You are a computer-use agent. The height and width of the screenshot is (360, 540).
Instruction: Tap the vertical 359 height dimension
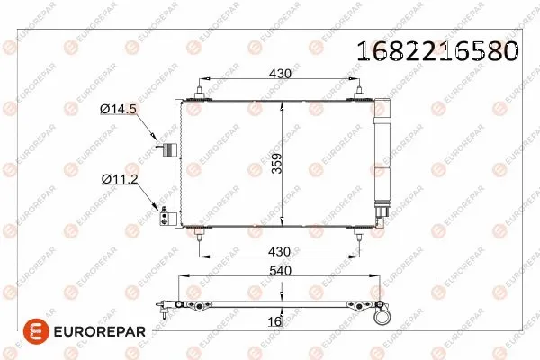click(277, 162)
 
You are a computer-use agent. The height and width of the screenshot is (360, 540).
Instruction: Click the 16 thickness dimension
click(274, 319)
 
